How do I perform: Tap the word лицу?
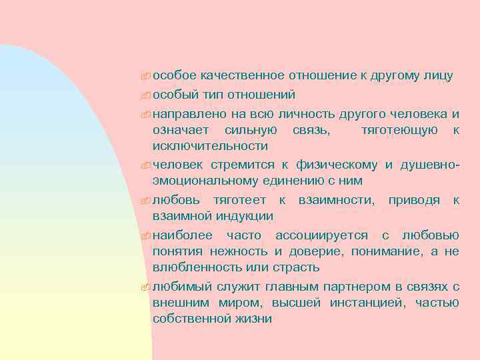(x=438, y=76)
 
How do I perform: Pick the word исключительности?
(x=210, y=145)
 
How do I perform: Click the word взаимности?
(x=336, y=199)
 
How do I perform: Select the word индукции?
(x=246, y=216)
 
